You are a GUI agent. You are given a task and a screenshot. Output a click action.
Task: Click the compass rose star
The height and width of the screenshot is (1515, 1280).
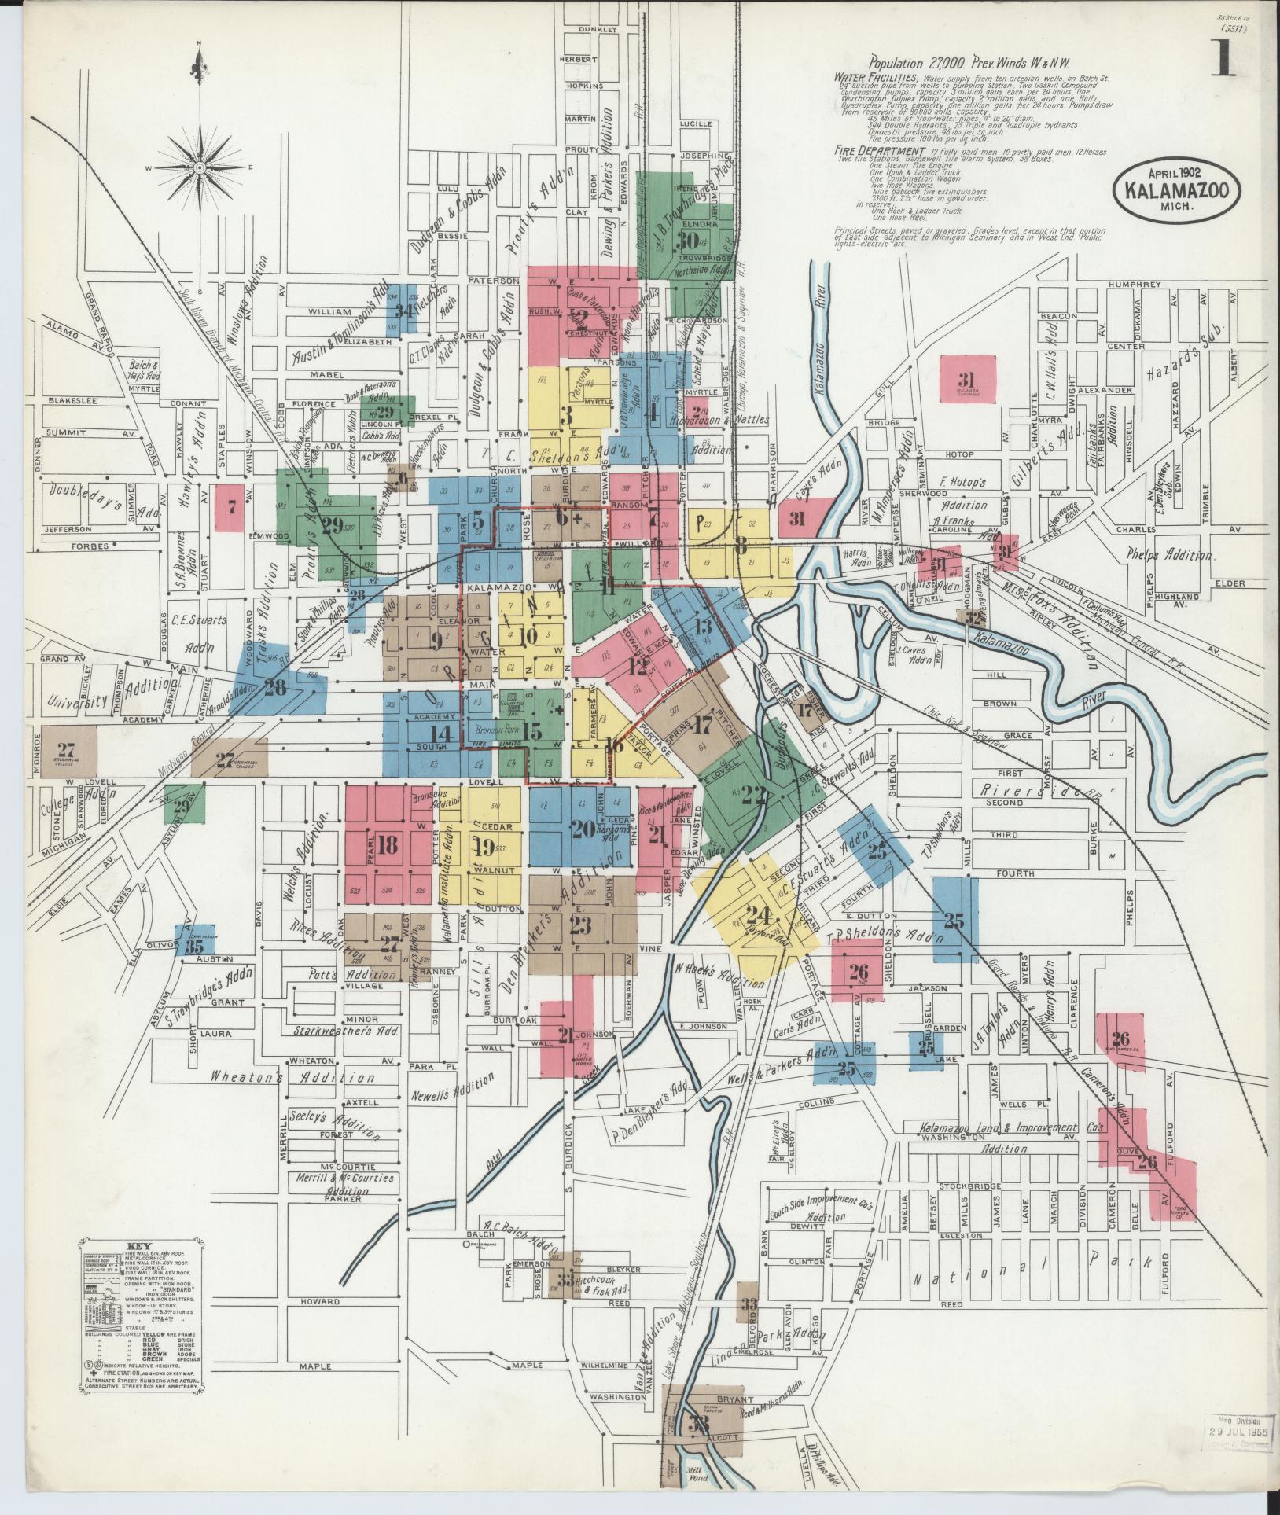pos(200,167)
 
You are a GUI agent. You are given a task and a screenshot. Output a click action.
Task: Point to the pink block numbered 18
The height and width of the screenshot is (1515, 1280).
pos(387,845)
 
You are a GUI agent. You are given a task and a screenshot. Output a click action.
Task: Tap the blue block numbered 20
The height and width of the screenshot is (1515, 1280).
pos(583,828)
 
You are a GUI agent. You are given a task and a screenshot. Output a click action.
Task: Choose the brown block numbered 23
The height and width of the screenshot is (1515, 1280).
pos(581,925)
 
